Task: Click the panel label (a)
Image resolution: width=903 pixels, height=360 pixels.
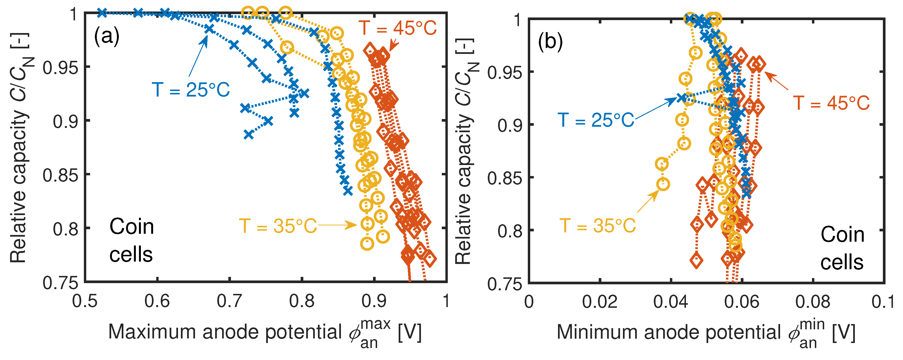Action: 107,36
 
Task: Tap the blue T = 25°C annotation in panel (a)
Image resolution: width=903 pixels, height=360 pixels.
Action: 191,90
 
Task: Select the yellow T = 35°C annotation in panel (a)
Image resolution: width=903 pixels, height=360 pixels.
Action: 278,226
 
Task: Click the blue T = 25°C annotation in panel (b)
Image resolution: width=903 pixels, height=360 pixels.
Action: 596,120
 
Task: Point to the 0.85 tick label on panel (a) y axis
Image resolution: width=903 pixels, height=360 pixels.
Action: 60,175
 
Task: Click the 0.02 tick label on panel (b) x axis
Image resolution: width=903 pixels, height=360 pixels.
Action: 600,302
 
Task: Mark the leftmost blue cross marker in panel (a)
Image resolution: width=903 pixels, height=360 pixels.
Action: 102,13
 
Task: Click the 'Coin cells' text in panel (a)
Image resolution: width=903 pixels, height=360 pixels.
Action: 132,240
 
